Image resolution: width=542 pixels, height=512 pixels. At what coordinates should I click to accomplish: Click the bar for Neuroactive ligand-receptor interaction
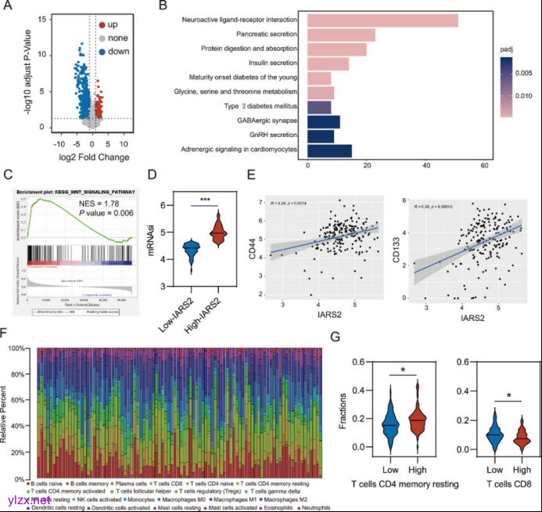[x=382, y=20]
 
